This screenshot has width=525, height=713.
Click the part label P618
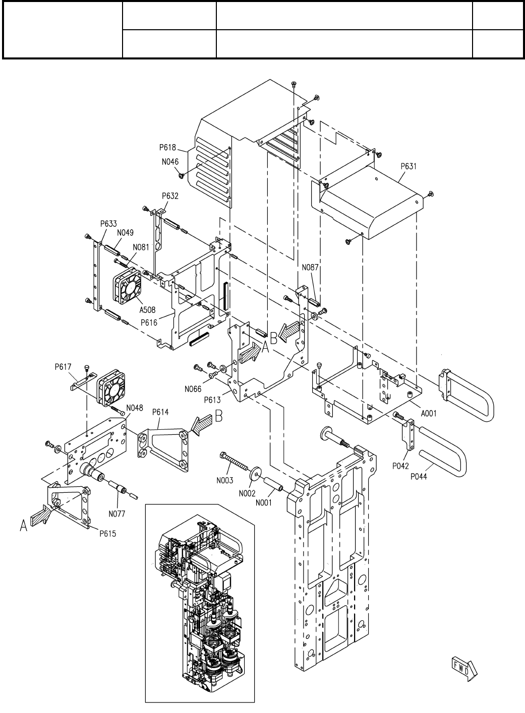coord(167,147)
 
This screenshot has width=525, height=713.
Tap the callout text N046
coord(170,162)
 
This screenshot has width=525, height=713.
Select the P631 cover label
coord(409,166)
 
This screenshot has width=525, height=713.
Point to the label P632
coord(170,196)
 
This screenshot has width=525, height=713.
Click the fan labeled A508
coord(127,285)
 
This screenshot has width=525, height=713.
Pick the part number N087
coord(310,268)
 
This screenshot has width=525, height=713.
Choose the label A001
coord(429,414)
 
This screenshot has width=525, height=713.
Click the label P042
coord(400,466)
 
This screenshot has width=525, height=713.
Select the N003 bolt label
coord(225,480)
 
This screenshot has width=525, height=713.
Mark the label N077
coord(117,514)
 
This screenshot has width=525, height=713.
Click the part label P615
coord(108,534)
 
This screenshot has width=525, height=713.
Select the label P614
coord(160,412)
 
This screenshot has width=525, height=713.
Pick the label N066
coord(193,389)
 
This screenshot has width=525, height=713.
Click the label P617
coord(63,367)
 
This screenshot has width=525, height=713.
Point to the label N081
coord(141,247)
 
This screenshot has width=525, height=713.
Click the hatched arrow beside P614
coord(201,425)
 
